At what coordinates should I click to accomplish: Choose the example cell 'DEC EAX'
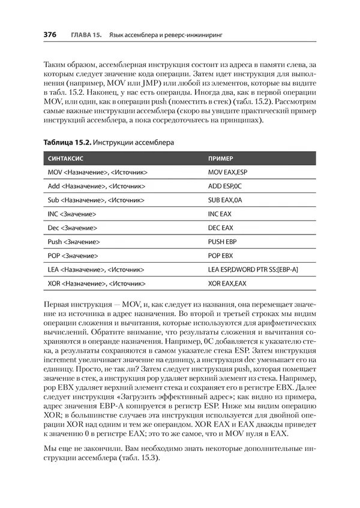point(220,228)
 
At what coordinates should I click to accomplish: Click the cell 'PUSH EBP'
point(222,242)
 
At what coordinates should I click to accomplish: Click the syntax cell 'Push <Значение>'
point(73,242)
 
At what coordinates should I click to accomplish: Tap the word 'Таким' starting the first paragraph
point(57,64)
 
